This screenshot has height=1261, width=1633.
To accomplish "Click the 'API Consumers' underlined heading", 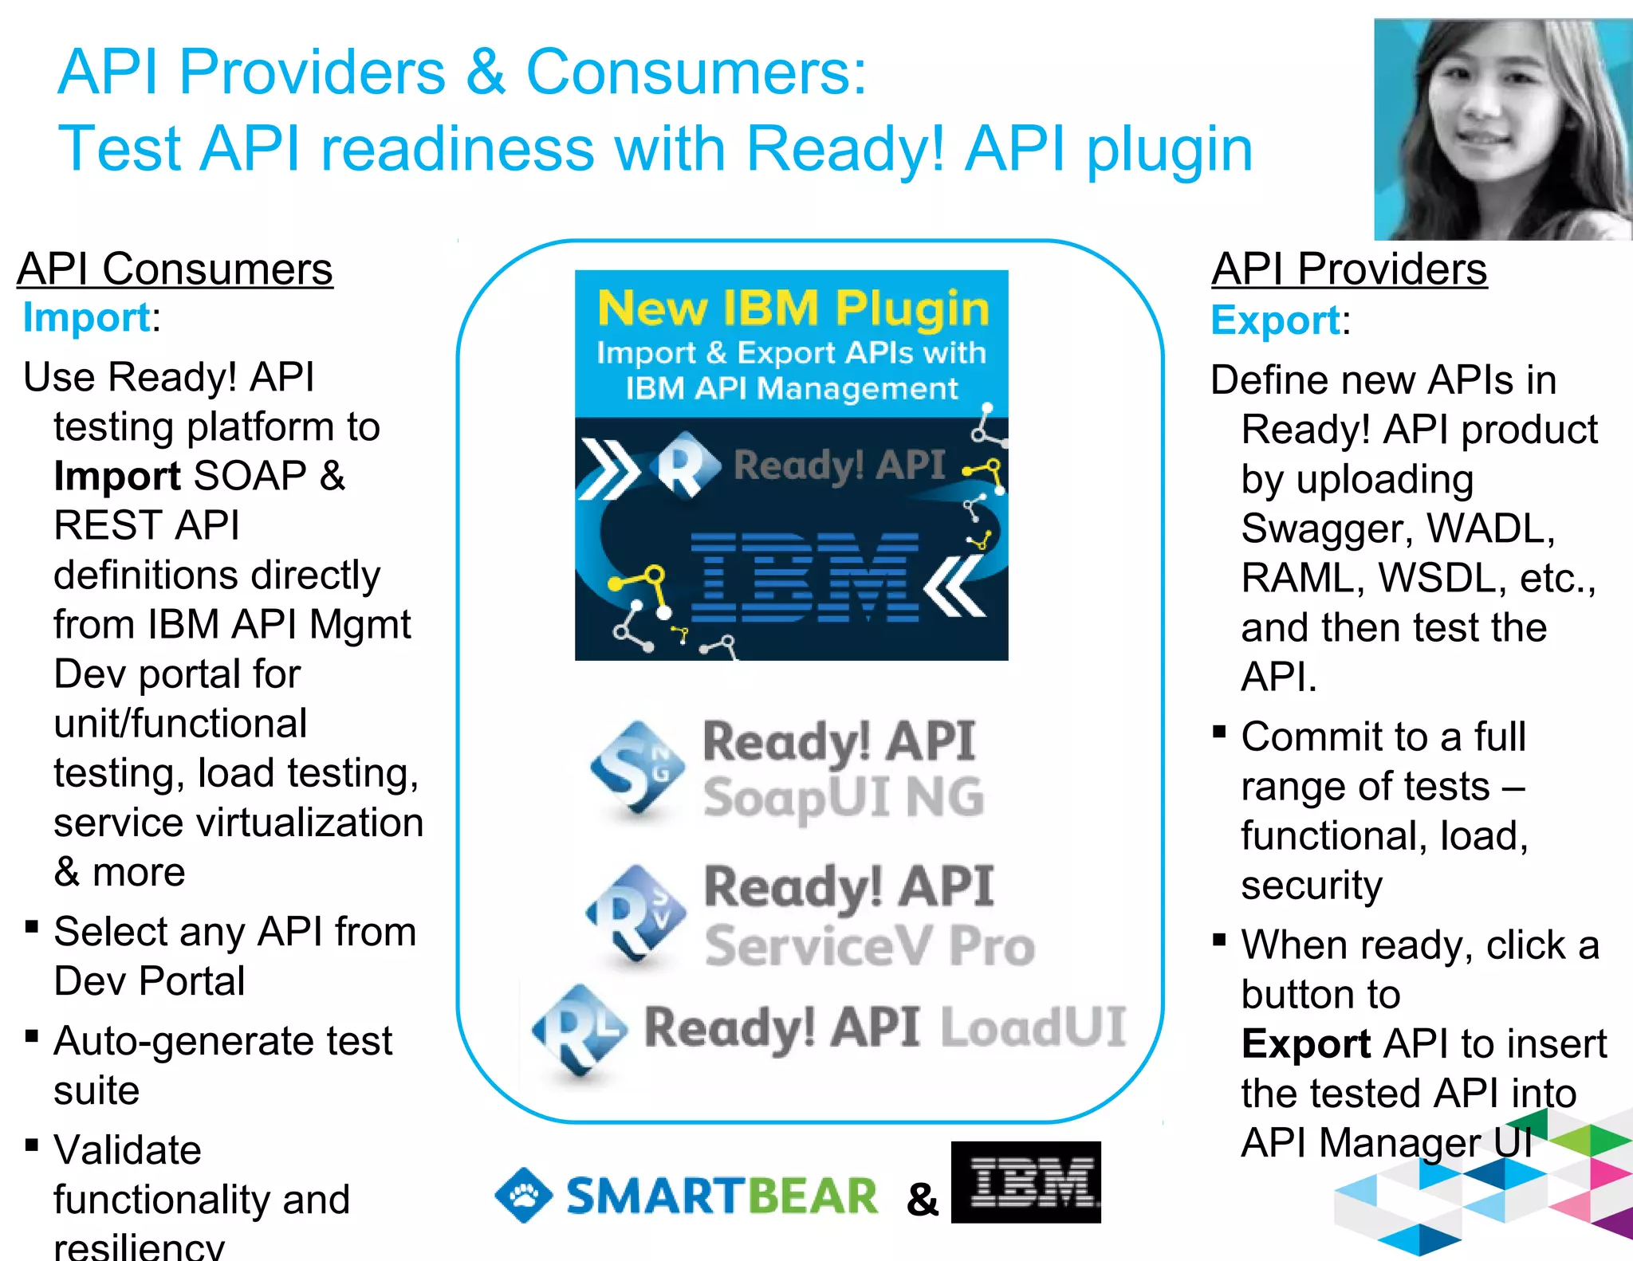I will click(175, 269).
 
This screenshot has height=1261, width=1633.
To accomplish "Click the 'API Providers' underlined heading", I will click(1349, 269).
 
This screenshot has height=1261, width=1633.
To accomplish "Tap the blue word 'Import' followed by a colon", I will click(86, 318).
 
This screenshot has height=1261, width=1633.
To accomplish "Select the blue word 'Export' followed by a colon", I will click(1275, 321).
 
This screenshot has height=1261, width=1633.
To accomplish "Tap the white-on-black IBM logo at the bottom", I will click(1026, 1182).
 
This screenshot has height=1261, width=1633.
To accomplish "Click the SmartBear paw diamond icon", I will click(523, 1194).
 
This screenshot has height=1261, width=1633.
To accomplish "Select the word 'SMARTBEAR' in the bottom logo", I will click(722, 1196).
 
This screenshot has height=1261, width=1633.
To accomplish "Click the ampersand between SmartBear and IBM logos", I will click(923, 1199).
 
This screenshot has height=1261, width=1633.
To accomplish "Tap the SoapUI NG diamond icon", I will click(638, 768).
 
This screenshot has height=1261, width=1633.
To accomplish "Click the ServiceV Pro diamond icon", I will click(636, 913).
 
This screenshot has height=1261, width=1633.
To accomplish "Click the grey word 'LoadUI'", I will click(1033, 1027).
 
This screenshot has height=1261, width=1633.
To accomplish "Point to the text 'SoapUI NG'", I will click(844, 797).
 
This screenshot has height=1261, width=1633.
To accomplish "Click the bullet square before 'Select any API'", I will click(32, 926).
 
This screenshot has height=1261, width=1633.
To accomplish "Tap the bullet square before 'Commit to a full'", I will click(1219, 732).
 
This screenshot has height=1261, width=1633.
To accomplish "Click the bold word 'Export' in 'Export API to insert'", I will click(1305, 1044).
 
